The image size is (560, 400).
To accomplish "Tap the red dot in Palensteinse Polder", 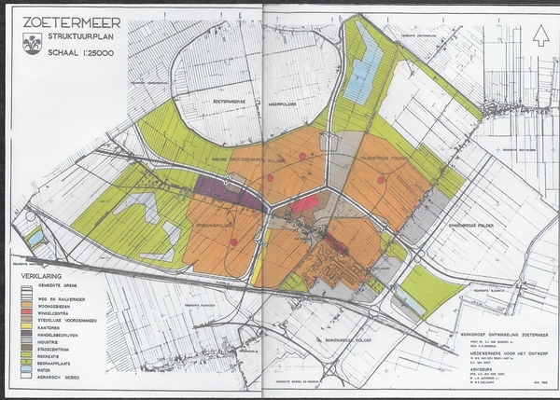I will coord(381,180).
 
